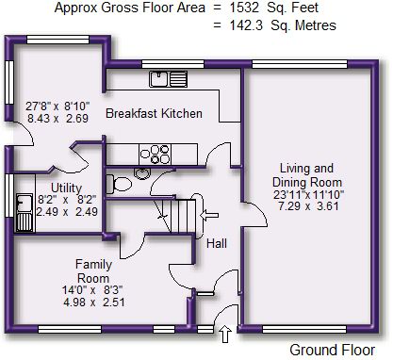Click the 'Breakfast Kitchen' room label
[154, 113]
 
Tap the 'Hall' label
[217, 243]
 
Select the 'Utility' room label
[66, 188]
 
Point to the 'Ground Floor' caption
[333, 350]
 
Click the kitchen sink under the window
[169, 79]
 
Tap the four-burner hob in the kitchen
[155, 154]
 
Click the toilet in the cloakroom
[119, 184]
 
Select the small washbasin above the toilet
[142, 173]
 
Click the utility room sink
[25, 213]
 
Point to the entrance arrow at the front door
[225, 335]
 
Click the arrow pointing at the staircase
[209, 215]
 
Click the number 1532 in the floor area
[243, 8]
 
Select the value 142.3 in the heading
[246, 25]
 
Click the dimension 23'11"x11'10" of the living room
[308, 195]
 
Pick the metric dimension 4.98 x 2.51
[94, 303]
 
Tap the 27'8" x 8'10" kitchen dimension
[57, 106]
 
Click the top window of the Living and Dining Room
[300, 64]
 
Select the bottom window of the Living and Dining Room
[304, 329]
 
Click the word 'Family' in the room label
[93, 265]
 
